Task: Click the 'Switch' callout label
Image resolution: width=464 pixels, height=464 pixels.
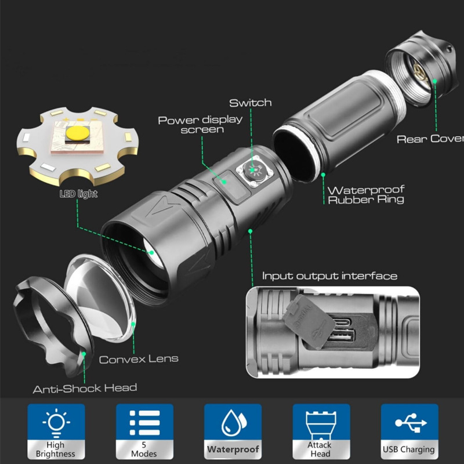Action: (x=250, y=103)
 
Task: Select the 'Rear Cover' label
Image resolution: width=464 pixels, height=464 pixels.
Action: (x=430, y=139)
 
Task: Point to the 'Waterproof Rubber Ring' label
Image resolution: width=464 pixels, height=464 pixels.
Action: (x=365, y=195)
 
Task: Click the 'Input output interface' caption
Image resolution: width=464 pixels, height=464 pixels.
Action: (x=329, y=276)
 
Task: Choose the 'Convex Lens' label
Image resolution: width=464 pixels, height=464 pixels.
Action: (x=139, y=359)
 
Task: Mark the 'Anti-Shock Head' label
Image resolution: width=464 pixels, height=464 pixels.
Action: (x=85, y=387)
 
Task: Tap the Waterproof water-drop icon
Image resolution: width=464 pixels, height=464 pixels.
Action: (x=233, y=423)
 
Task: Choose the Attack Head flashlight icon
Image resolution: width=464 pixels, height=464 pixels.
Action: (x=320, y=423)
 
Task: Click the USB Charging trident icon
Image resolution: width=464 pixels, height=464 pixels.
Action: (x=408, y=423)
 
